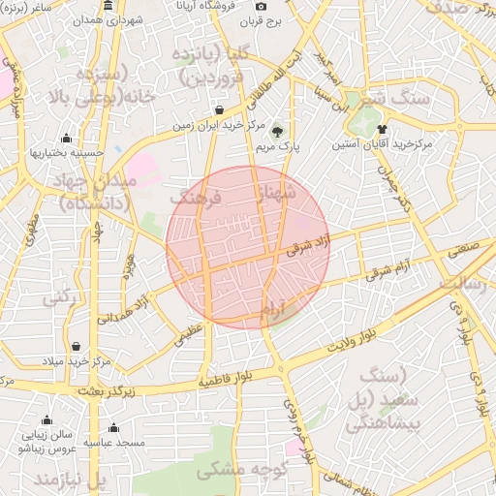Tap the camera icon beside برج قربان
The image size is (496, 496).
point(261,7)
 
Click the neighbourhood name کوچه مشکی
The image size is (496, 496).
point(230,471)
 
